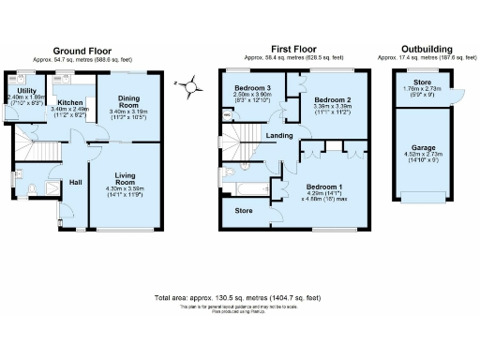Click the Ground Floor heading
[x=82, y=50]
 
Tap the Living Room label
[x=125, y=179]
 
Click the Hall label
[x=76, y=184]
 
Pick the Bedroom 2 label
[x=332, y=99]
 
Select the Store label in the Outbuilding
[x=423, y=82]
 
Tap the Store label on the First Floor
[x=244, y=211]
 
